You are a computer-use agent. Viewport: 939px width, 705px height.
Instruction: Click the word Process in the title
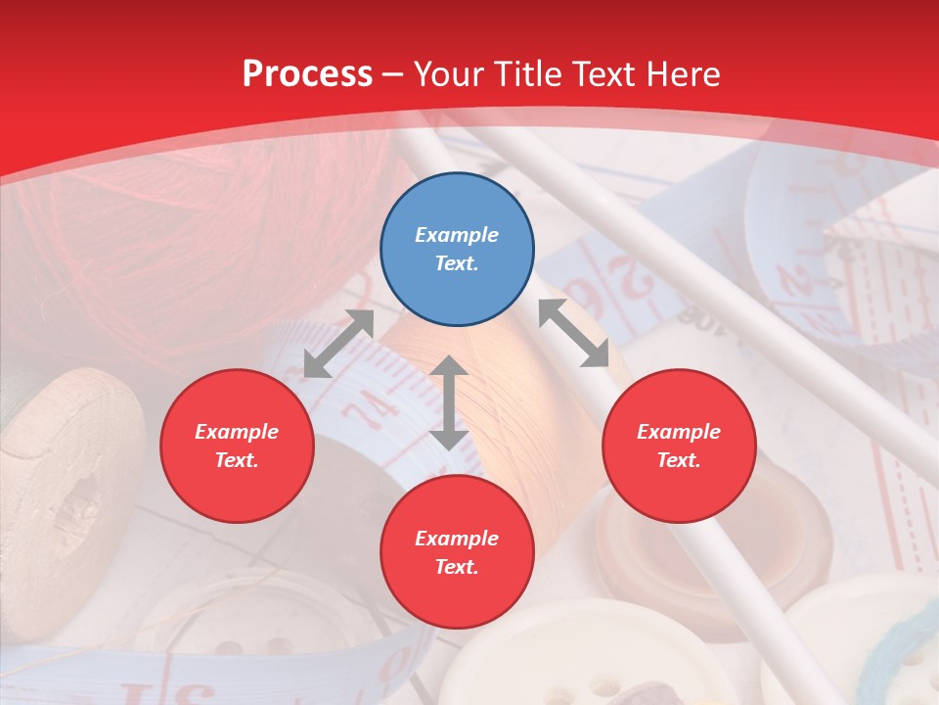307,74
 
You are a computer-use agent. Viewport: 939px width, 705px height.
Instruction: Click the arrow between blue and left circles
338,344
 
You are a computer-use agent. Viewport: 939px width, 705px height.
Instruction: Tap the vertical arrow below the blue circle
449,402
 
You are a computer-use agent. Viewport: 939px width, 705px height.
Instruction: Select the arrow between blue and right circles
574,333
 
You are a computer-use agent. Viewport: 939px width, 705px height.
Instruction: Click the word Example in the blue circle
457,235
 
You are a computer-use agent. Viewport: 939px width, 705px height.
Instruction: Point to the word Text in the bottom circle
455,567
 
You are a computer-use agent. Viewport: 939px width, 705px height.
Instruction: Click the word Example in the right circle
679,432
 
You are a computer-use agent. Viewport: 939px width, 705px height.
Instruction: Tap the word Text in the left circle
236,460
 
